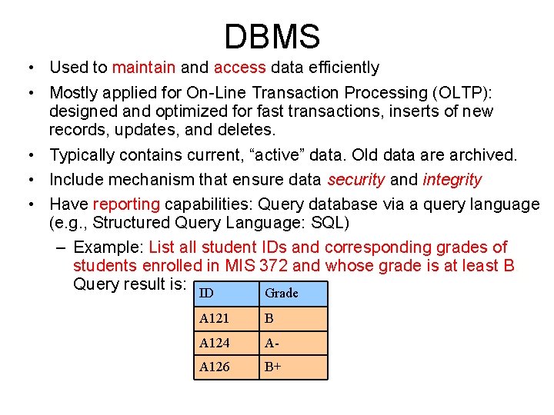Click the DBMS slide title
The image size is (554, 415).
(x=272, y=36)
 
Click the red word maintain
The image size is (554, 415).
(x=144, y=68)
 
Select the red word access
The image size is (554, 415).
(x=239, y=68)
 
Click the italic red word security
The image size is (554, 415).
(x=356, y=180)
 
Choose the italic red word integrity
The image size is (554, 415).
(x=452, y=180)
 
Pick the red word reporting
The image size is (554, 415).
(x=126, y=204)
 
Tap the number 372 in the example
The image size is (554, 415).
(x=275, y=266)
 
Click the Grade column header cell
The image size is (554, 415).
(x=293, y=294)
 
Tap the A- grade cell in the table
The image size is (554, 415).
(x=293, y=343)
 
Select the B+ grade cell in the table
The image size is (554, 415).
(x=293, y=367)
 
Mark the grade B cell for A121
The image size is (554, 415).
(x=293, y=319)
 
